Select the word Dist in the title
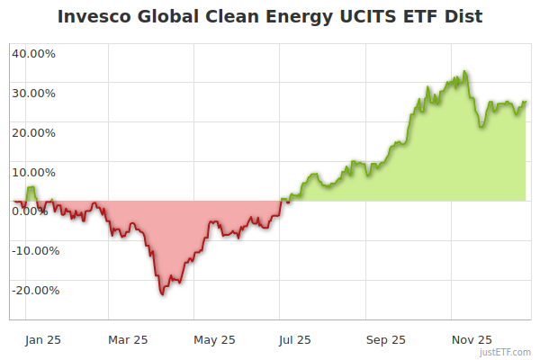[x=461, y=17]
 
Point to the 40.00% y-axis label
[x=33, y=53]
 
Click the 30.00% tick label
[x=33, y=93]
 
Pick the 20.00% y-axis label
[x=33, y=132]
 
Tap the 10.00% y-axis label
[x=33, y=172]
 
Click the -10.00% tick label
[x=34, y=251]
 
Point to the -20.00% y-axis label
[x=34, y=291]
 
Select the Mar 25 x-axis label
[x=128, y=339]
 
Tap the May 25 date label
[x=214, y=339]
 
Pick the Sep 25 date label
[x=385, y=339]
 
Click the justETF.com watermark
[x=505, y=353]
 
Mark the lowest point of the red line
[x=162, y=294]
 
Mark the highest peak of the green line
[x=464, y=71]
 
